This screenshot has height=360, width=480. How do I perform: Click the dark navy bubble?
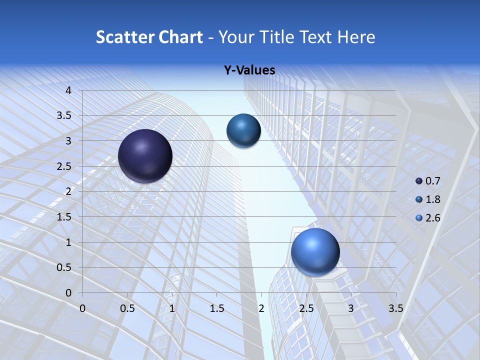[x=145, y=156]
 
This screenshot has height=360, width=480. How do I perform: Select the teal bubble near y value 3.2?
[x=243, y=130]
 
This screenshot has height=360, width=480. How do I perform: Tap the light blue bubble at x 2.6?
[x=315, y=251]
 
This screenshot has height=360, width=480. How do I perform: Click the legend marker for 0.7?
[x=419, y=180]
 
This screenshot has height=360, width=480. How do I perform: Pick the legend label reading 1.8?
[x=433, y=199]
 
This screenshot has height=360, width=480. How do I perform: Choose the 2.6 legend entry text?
[x=433, y=218]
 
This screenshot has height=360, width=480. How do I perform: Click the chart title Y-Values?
[x=249, y=70]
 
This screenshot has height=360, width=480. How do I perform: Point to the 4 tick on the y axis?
[x=69, y=90]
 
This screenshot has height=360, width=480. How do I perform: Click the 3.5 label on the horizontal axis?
[x=395, y=308]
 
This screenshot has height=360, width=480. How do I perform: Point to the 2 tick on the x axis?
[x=261, y=308]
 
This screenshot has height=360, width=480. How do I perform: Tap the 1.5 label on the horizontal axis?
[x=216, y=308]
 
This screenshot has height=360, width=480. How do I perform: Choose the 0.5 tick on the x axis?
[x=127, y=308]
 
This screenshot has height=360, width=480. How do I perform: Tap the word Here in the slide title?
[x=356, y=37]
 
